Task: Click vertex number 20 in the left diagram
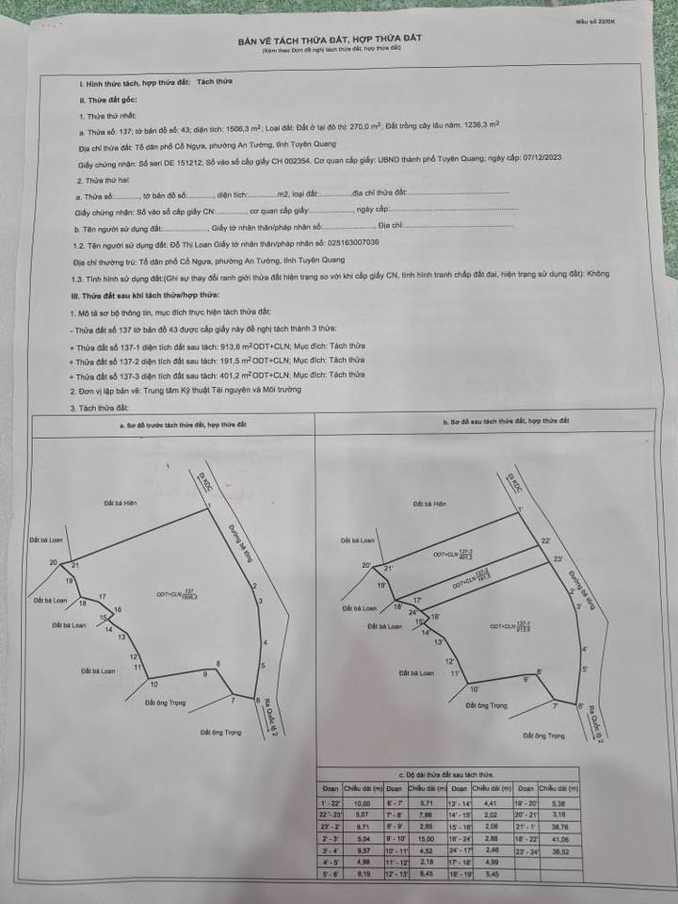54,562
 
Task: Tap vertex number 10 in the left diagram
153,684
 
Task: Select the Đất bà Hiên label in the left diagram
121,503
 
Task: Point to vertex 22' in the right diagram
545,541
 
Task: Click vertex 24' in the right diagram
412,613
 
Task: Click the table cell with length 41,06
563,841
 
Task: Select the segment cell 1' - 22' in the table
330,802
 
